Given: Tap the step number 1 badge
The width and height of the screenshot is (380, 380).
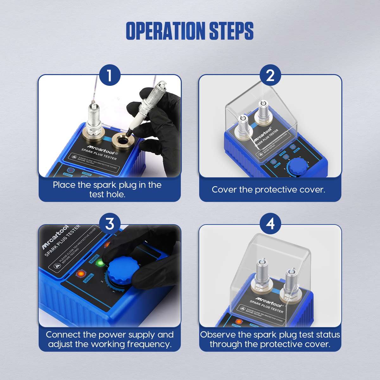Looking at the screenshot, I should point(110,76).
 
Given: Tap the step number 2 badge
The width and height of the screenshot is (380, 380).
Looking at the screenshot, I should point(270,76).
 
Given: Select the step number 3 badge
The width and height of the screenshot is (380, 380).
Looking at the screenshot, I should point(110,224).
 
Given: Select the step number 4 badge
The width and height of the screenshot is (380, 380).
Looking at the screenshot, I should point(270,224).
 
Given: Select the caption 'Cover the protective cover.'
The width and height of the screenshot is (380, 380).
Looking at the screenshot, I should point(269,190).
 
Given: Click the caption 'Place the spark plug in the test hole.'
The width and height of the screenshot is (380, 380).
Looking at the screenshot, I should point(107,189).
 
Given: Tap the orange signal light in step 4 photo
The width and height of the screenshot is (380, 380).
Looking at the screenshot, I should point(238,321).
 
